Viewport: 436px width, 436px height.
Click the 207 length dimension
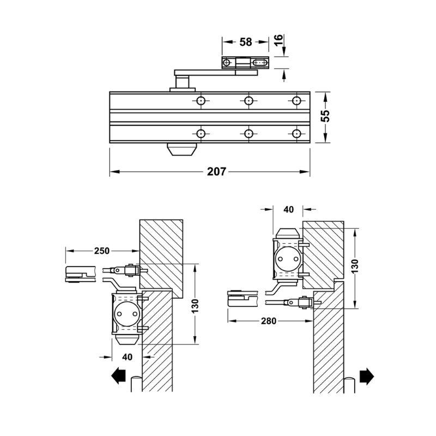(216, 172)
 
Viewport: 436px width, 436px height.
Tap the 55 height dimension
(325, 116)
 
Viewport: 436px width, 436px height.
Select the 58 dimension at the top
(246, 42)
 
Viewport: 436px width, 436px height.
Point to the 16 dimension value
(278, 40)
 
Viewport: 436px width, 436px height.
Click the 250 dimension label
(102, 251)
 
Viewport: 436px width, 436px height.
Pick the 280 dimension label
(269, 321)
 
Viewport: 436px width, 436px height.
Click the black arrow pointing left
(118, 376)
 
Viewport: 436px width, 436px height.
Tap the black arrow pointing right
(367, 376)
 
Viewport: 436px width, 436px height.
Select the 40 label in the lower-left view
(127, 357)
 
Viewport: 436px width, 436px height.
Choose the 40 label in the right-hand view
(288, 209)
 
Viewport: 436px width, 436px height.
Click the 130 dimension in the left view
(196, 306)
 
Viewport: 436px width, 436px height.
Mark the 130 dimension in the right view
(355, 266)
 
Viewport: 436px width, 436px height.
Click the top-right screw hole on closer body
(296, 101)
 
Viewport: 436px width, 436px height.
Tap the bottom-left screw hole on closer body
(201, 134)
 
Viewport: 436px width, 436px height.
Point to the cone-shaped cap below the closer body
(182, 149)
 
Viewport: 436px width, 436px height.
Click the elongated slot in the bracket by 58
(261, 63)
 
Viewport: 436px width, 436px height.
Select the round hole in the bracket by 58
(227, 63)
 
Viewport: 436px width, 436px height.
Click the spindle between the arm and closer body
(182, 82)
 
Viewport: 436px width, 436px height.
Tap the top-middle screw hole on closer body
(249, 101)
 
